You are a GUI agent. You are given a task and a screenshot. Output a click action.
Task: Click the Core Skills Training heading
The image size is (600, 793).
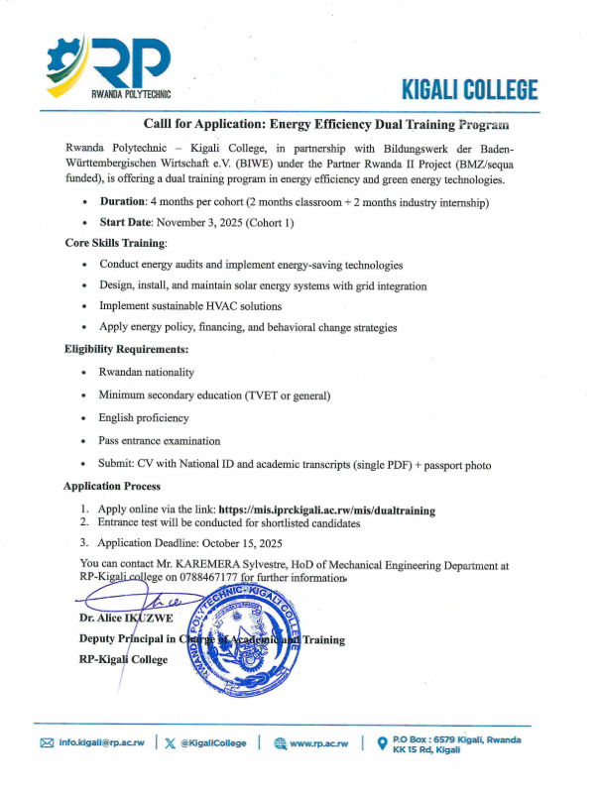116,243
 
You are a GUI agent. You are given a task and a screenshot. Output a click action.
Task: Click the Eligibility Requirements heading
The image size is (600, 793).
127,350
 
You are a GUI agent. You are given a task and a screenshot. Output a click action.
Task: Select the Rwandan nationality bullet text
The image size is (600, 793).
146,372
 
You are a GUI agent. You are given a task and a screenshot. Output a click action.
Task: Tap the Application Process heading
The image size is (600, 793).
112,487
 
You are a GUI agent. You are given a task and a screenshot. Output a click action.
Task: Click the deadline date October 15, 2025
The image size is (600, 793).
237,542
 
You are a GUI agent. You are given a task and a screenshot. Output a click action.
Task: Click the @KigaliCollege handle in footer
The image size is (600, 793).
212,742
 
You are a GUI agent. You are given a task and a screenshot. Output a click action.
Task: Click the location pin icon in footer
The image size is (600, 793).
381,742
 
